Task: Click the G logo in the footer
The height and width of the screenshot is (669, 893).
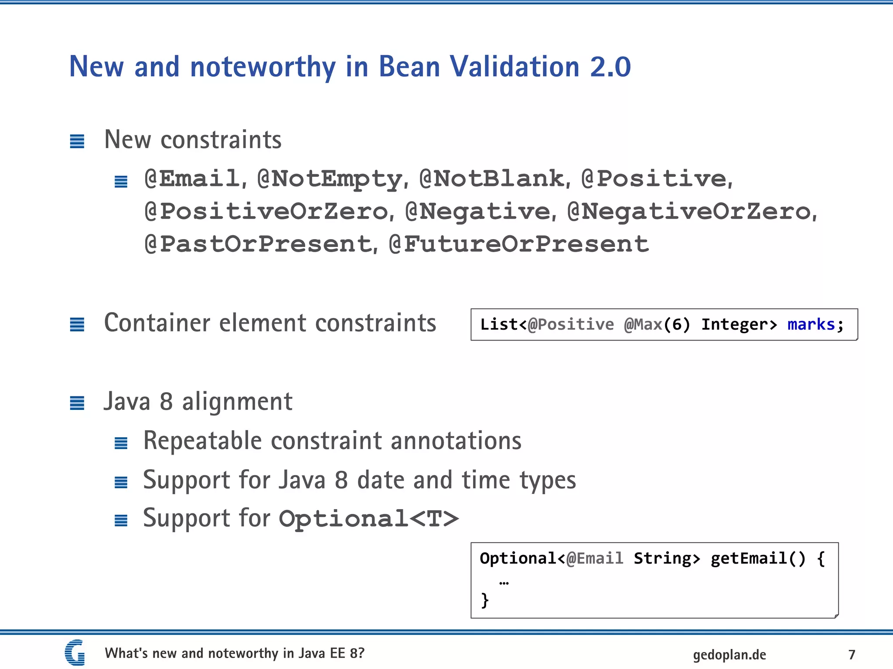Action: point(75,652)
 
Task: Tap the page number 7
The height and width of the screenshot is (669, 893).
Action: point(852,654)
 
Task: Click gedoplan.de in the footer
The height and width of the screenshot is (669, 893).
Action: point(729,655)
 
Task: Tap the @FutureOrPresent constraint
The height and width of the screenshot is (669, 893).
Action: point(519,244)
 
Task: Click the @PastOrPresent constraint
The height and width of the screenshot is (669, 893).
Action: point(258,244)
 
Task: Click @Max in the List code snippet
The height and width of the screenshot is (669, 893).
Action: point(643,324)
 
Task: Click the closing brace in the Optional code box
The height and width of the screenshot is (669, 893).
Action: point(484,600)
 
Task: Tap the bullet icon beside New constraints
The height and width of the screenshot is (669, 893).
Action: point(77,141)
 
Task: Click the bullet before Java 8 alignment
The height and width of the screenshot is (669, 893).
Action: point(77,403)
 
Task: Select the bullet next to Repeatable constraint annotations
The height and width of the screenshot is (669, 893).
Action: point(121,443)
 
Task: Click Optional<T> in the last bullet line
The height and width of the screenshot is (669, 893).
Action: point(369,519)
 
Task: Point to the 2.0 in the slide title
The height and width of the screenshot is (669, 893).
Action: point(610,67)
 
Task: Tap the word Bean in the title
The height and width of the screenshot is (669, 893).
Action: point(409,67)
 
